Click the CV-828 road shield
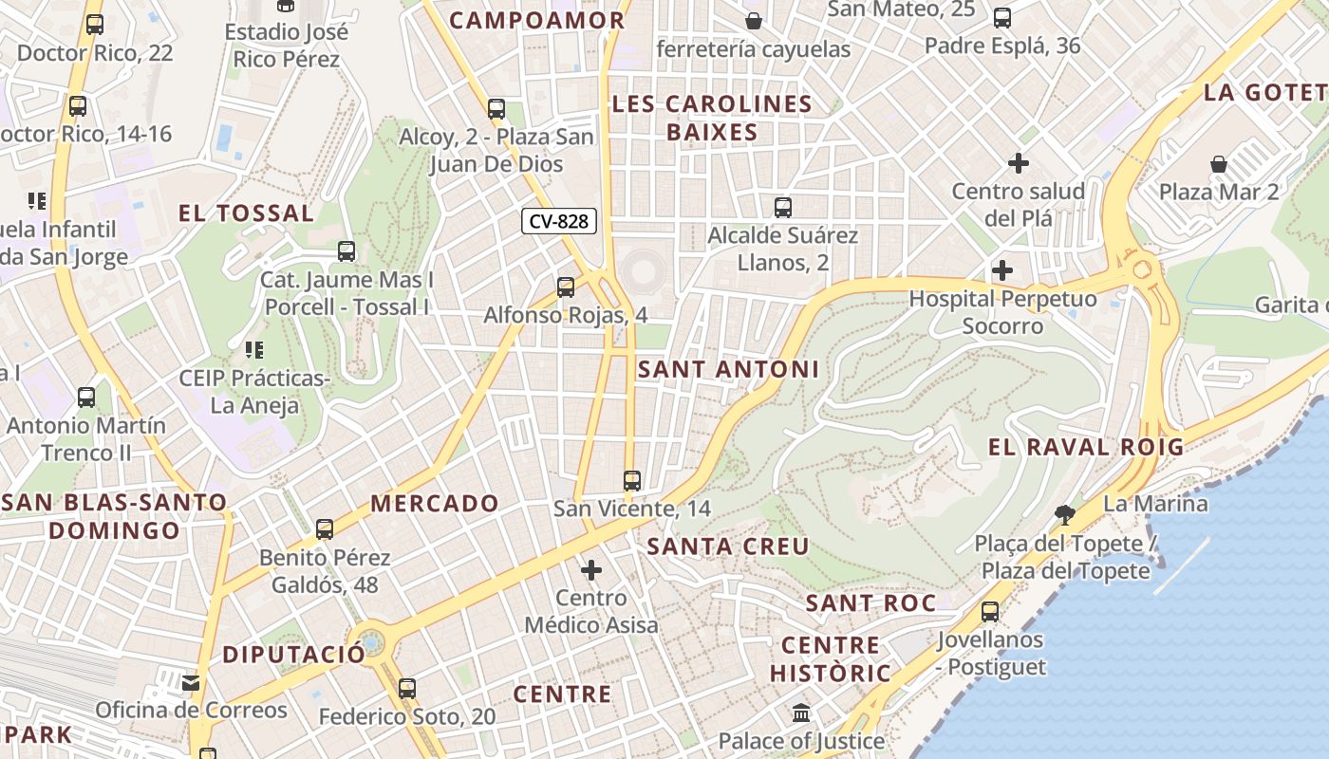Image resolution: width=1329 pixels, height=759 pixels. [x=559, y=222]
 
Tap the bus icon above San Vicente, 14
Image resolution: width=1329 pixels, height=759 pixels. [x=632, y=480]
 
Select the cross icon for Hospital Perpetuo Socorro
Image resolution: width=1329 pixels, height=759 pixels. [x=1001, y=270]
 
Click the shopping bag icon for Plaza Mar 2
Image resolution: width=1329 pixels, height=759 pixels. [x=1219, y=164]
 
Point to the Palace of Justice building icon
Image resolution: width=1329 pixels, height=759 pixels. [x=801, y=713]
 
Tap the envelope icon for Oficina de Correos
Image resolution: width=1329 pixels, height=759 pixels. [x=191, y=682]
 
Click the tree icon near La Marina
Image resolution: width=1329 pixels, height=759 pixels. [x=1064, y=515]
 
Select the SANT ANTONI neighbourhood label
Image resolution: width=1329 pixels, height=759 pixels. [x=728, y=369]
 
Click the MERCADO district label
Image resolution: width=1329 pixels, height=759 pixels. [x=435, y=504]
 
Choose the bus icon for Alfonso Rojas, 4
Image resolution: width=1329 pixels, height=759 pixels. [x=566, y=287]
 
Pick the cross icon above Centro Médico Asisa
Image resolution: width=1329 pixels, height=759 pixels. [x=591, y=569]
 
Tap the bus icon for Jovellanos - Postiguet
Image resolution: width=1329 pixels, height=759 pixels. [x=990, y=612]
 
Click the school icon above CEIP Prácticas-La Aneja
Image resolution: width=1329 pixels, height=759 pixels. [x=253, y=350]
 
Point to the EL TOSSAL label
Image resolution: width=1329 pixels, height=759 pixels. [x=246, y=213]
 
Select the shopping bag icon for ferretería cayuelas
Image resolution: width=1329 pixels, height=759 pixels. [x=754, y=20]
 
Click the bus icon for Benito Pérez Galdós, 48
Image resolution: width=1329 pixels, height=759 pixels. [x=325, y=529]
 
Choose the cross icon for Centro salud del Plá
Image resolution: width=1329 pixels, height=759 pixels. [x=1019, y=163]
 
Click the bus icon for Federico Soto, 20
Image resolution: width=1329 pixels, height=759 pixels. [x=407, y=689]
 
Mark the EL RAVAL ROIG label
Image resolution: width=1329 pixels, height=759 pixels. [x=1086, y=447]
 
